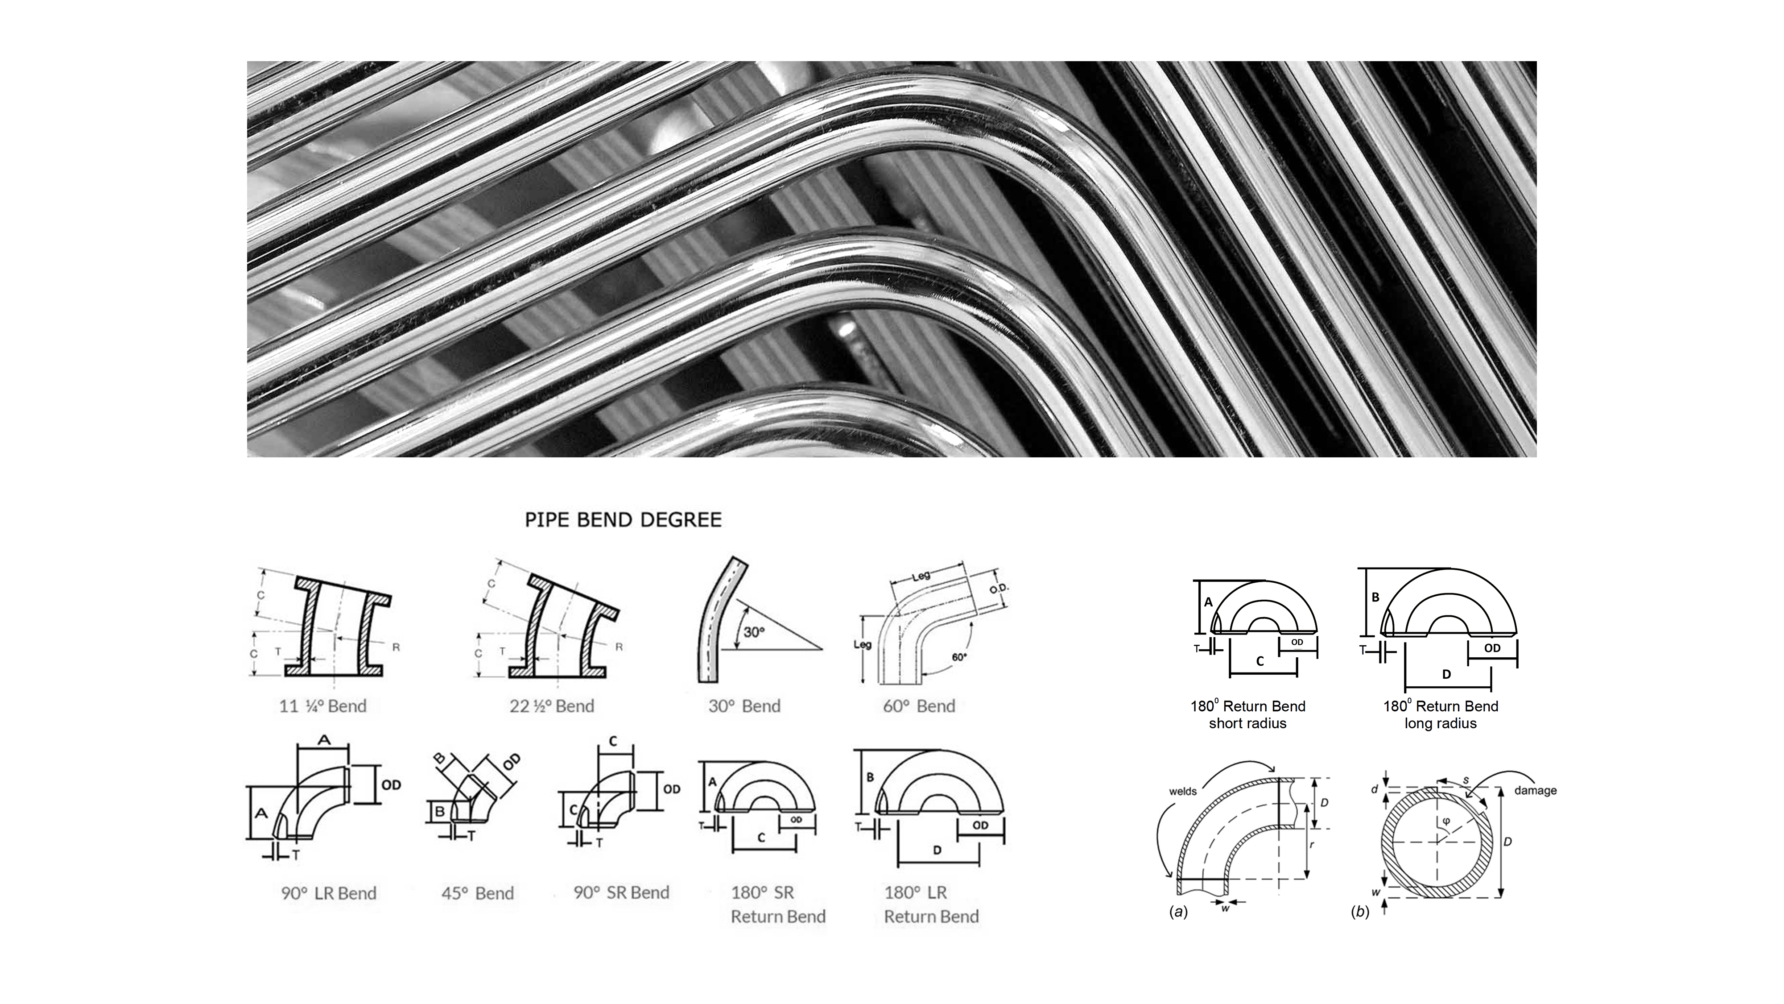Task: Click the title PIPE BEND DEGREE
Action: click(623, 520)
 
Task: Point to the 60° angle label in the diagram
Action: click(959, 657)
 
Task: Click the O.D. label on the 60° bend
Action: click(999, 588)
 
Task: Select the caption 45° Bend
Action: click(477, 893)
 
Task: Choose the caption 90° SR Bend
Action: click(621, 892)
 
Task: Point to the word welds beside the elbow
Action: click(1183, 791)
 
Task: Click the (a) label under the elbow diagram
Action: click(1178, 912)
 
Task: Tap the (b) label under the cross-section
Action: click(1360, 912)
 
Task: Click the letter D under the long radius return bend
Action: click(1446, 674)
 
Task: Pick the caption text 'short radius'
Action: click(1247, 723)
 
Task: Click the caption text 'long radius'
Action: click(1441, 723)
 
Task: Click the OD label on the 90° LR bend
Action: click(391, 785)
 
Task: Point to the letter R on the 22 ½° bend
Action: click(619, 647)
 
